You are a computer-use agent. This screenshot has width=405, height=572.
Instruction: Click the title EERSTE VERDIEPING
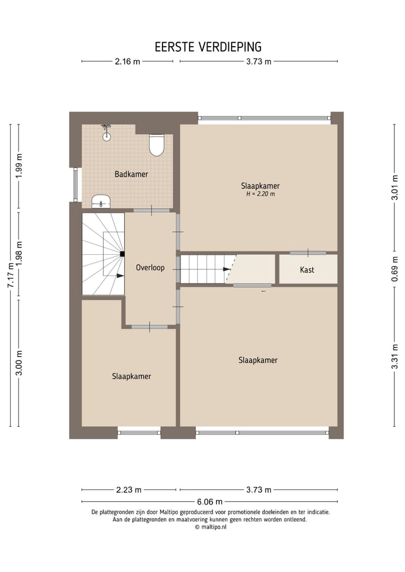click(x=208, y=47)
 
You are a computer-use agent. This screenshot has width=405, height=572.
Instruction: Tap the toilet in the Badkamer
click(x=156, y=145)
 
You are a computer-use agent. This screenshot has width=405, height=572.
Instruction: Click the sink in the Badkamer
click(x=101, y=200)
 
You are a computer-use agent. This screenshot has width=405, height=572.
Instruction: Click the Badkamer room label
click(x=131, y=174)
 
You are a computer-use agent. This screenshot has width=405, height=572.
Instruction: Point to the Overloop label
click(x=150, y=268)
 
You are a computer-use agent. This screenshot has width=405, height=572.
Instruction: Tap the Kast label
click(x=307, y=270)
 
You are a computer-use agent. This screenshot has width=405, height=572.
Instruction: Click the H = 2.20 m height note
click(x=260, y=194)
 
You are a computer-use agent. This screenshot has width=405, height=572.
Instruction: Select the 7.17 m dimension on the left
click(x=10, y=275)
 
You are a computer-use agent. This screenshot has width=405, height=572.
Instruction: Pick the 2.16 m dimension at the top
click(x=127, y=62)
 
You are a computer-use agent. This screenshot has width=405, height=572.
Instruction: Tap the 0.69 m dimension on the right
click(x=395, y=269)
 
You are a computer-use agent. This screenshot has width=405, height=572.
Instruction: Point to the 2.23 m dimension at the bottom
click(x=129, y=490)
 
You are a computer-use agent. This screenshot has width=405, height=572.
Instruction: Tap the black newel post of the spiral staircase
click(x=121, y=254)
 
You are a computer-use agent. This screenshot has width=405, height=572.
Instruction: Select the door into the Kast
click(x=308, y=253)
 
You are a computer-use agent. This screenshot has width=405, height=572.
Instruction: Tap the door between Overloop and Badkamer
click(x=151, y=210)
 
